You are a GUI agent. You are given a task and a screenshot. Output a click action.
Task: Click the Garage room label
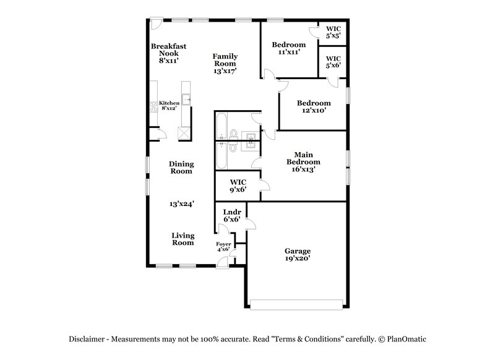[297, 251]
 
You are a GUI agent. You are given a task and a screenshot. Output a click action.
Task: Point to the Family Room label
[225, 60]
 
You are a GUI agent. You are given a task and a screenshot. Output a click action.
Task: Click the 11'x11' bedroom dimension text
[288, 53]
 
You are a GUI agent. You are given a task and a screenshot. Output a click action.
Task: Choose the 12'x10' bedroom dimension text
[313, 111]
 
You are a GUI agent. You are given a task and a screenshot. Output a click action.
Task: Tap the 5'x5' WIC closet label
[333, 35]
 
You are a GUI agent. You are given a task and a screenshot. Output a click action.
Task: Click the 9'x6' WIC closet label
[238, 191]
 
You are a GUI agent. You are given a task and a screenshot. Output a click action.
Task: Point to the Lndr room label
[231, 212]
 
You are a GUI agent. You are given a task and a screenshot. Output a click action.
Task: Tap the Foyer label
[223, 244]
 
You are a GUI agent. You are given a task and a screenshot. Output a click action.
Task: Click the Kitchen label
[169, 103]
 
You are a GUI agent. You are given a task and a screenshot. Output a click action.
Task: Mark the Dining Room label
[182, 168]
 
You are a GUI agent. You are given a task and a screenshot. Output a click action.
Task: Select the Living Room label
[183, 239]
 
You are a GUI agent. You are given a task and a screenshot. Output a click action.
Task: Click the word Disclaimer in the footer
[88, 339]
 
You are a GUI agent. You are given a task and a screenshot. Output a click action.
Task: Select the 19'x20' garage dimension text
[297, 259]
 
